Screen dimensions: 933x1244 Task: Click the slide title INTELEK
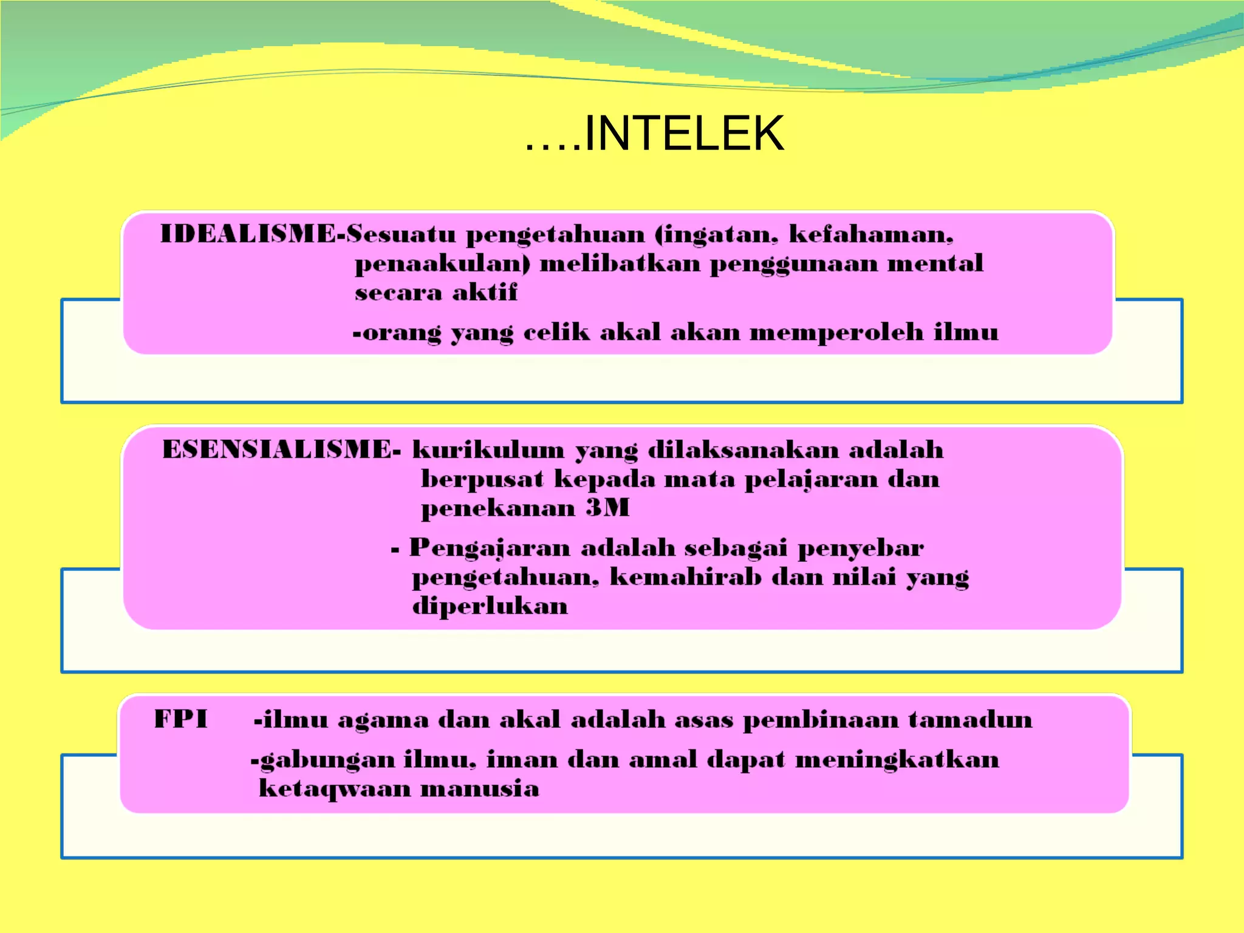tap(683, 134)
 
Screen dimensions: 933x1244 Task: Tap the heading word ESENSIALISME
tap(279, 449)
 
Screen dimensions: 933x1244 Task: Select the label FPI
tap(180, 719)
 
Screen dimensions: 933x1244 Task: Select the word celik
tap(556, 332)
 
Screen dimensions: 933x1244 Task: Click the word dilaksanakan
tap(743, 450)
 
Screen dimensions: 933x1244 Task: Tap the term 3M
tap(607, 508)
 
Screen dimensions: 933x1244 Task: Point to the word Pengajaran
tap(490, 548)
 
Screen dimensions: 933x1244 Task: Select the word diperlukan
tap(490, 606)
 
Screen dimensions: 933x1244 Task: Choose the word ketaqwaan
tap(335, 789)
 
